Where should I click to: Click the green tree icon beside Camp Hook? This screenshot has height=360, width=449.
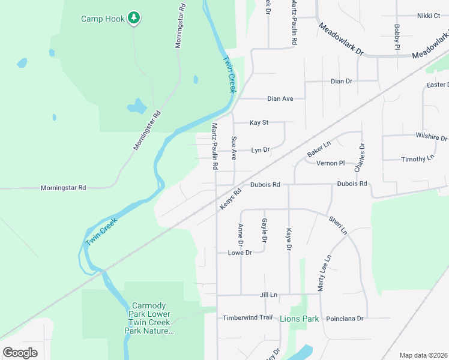point(134,18)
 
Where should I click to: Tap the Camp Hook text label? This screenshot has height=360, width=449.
point(103,19)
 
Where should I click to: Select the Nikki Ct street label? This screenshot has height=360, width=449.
point(429,16)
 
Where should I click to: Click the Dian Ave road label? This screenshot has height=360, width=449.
point(280,98)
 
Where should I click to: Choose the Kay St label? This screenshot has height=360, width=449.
point(259,122)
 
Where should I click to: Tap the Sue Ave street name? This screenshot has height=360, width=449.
point(234,148)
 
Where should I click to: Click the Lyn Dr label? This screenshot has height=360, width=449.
point(261,150)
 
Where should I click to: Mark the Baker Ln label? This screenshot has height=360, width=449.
point(319,150)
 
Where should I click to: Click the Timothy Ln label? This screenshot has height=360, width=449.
point(417,159)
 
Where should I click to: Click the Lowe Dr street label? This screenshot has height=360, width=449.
point(240,253)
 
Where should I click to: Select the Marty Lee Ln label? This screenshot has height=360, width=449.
point(324,272)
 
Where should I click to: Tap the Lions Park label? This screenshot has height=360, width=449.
point(299,319)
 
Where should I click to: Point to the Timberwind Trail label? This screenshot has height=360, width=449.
point(248,317)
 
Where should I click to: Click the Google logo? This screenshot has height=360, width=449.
point(20,353)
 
